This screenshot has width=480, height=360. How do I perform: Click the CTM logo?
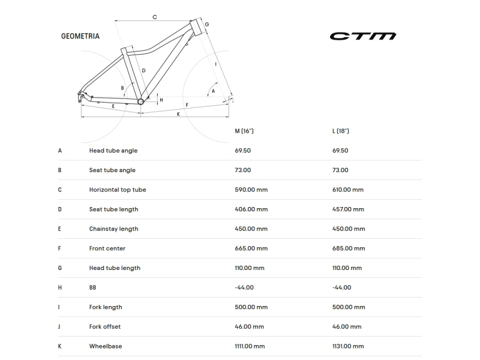click(363, 36)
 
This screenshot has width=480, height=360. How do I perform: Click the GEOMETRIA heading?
click(80, 36)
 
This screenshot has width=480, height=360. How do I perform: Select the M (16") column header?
click(244, 131)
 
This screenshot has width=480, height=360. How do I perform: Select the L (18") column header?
click(340, 131)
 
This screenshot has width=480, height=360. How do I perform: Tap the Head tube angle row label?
click(113, 151)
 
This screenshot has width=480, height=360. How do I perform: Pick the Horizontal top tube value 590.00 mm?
click(251, 190)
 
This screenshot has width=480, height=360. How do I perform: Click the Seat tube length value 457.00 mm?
click(348, 209)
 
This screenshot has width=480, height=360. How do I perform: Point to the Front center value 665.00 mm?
click(251, 248)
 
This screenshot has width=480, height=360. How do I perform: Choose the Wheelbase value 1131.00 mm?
click(348, 346)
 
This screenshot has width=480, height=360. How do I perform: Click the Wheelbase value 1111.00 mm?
click(250, 346)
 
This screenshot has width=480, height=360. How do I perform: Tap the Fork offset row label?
click(104, 326)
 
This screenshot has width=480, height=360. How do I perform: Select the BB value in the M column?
click(244, 287)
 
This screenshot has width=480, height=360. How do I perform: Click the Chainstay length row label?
click(113, 229)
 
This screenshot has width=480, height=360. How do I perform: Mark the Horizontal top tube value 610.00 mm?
click(348, 190)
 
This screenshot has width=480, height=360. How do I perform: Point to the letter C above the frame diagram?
click(155, 17)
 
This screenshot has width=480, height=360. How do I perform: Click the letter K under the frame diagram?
click(178, 114)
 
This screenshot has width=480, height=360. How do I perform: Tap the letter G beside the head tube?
click(207, 24)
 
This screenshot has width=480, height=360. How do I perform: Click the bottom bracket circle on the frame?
click(140, 101)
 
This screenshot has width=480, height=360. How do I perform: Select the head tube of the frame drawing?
click(197, 27)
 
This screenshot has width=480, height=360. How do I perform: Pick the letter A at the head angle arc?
click(213, 91)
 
